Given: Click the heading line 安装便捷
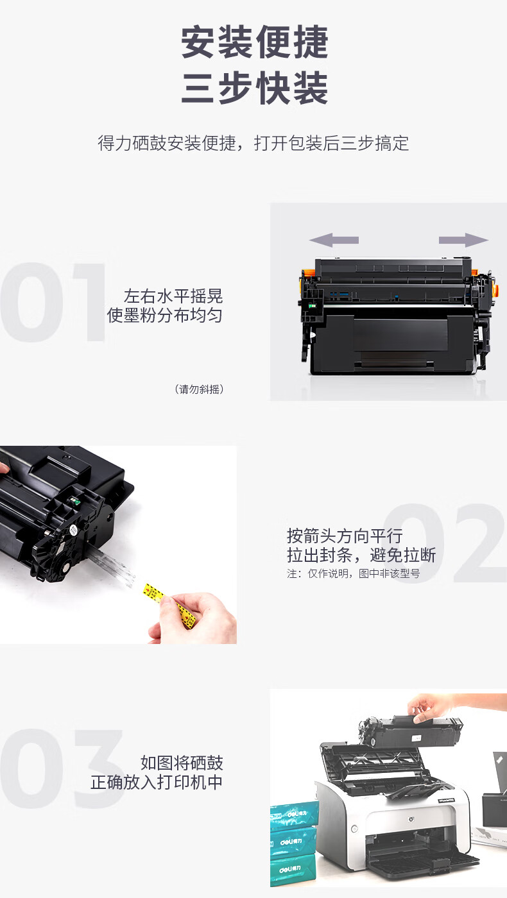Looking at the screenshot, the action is tap(255, 42).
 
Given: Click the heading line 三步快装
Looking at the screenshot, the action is tap(255, 88).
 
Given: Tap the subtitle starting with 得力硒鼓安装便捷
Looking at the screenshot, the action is tap(253, 143).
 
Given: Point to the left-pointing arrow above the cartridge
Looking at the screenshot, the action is tap(334, 240).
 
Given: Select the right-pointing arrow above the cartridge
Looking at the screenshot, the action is tap(463, 240).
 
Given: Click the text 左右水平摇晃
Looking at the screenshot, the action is tap(173, 296).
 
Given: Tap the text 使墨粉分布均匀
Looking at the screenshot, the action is tap(164, 316).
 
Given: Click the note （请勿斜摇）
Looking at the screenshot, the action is tap(200, 389).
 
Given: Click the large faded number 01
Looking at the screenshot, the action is tap(53, 302).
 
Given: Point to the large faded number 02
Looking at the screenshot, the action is tap(444, 543).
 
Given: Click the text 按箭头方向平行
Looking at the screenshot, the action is tap(345, 536).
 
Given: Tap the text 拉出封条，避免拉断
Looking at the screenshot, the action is tap(361, 555).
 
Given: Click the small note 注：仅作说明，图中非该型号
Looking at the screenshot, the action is tap(354, 573).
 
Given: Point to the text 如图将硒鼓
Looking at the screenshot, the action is tap(181, 763).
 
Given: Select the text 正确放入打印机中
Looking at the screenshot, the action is tap(157, 782).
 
